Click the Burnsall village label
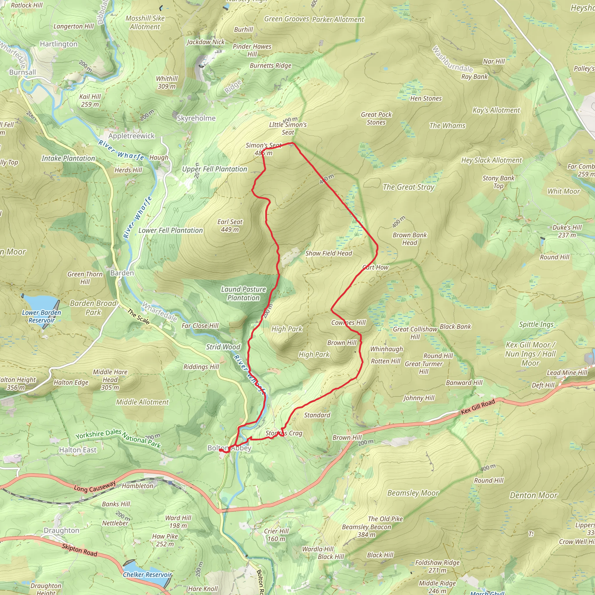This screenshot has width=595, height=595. click(22, 72)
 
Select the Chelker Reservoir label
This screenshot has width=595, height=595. click(147, 575)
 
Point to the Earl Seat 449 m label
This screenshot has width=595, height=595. click(230, 226)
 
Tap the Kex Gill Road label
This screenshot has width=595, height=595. click(478, 406)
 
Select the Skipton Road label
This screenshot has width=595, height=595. click(79, 550)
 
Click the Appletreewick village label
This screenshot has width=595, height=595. click(132, 136)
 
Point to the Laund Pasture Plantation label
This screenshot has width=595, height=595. click(243, 293)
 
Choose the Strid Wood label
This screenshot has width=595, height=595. click(223, 347)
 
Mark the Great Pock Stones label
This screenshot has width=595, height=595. click(376, 118)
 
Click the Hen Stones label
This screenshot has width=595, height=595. click(426, 98)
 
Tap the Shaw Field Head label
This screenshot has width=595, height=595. click(328, 253)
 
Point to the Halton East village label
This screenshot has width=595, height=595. click(78, 450)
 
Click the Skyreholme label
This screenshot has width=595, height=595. click(196, 118)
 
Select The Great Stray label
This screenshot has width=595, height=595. click(408, 187)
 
